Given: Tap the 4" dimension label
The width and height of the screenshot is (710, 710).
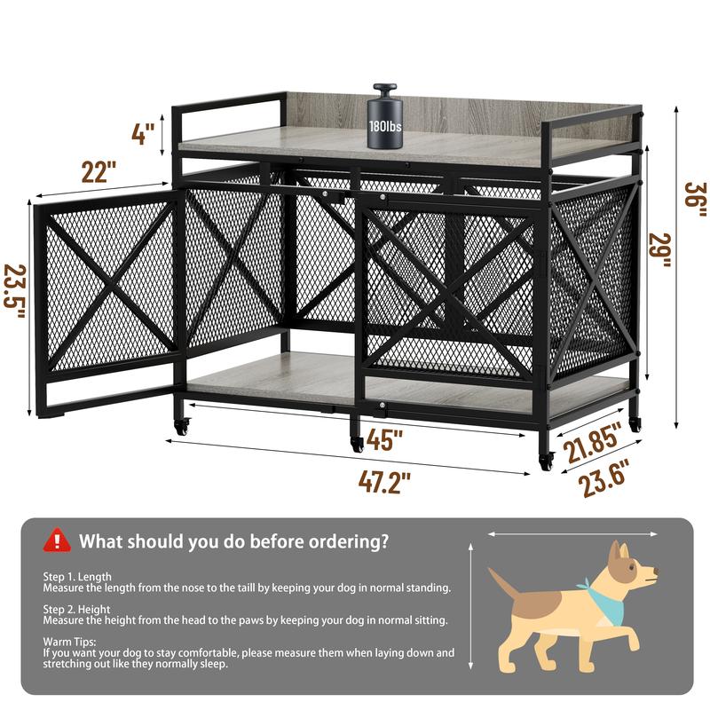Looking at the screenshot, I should tap(142, 135).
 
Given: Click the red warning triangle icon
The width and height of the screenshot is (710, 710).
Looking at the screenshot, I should tap(58, 539).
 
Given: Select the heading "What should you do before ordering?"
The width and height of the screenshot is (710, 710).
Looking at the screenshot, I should tap(233, 540).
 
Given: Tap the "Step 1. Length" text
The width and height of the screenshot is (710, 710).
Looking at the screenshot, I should tap(77, 577).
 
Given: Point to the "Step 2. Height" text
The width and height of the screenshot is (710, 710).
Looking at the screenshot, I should tap(77, 610).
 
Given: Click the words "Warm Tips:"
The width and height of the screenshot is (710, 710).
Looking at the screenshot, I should tap(69, 641).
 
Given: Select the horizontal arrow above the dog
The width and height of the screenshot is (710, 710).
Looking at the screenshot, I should tap(572, 534).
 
